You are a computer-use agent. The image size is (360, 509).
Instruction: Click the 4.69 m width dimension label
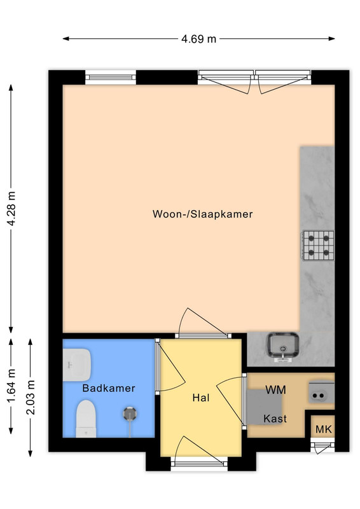(x=198, y=39)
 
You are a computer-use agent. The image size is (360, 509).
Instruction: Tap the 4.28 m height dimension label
(x=12, y=209)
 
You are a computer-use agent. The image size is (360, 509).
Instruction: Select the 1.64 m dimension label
(x=11, y=386)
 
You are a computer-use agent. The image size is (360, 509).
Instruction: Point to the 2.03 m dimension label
(x=31, y=397)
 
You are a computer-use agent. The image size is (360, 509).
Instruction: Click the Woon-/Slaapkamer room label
(x=202, y=214)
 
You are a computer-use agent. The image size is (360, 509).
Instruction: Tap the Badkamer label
(x=108, y=388)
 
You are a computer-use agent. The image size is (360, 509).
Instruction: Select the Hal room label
(x=201, y=398)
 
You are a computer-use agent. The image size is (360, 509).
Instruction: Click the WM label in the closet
(x=275, y=389)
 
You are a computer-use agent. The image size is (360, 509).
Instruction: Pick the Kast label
(x=275, y=419)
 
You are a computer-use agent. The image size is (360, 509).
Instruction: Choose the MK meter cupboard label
(x=324, y=429)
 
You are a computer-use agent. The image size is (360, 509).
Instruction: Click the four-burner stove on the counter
(x=318, y=246)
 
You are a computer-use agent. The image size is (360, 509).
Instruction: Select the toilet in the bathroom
(x=86, y=419)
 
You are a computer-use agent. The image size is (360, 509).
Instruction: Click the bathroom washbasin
(x=76, y=365)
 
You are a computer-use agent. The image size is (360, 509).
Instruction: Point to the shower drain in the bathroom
(x=130, y=414)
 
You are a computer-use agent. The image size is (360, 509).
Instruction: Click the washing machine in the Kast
(x=264, y=407)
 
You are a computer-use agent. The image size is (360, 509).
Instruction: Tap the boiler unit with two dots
(x=321, y=393)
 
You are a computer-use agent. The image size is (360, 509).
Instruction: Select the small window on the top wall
(x=111, y=77)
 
